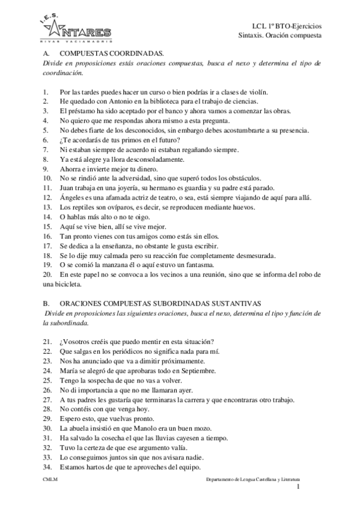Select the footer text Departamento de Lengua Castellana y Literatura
point(253,481)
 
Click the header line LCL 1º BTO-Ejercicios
point(287,26)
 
